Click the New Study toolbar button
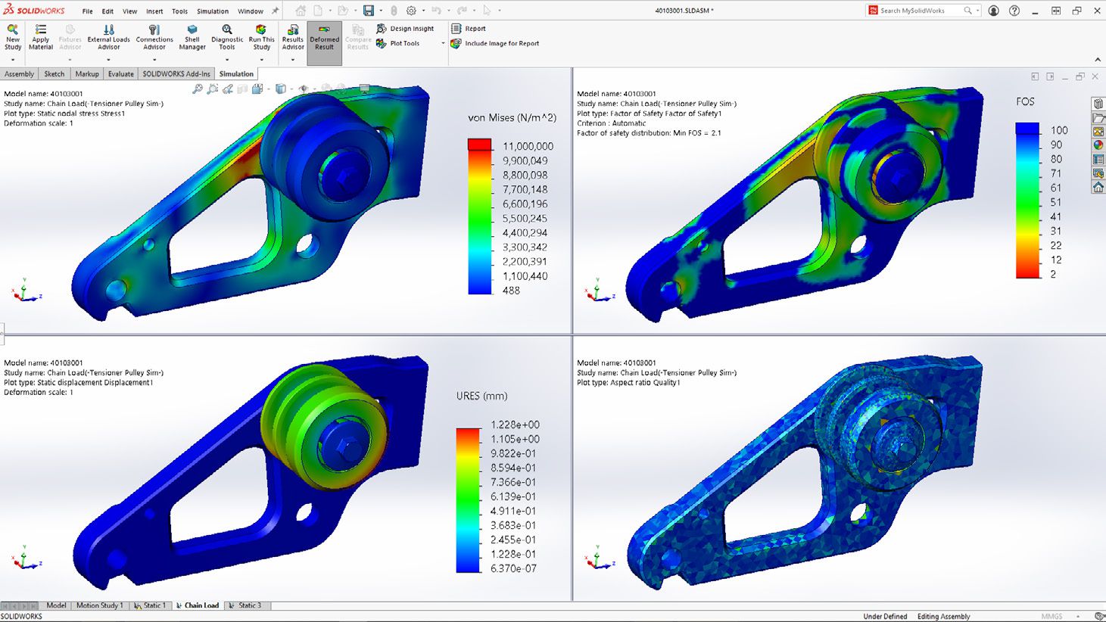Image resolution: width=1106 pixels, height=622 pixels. (x=13, y=37)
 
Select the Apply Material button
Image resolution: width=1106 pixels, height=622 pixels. (x=41, y=37)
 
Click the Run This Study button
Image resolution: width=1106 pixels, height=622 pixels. (x=261, y=37)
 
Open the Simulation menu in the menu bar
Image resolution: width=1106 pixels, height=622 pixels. (x=212, y=11)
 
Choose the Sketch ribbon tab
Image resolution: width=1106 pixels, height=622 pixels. (x=55, y=74)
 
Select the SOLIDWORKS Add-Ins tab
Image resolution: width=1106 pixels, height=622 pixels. (x=176, y=74)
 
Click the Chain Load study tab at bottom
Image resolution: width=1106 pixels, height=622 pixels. (x=201, y=605)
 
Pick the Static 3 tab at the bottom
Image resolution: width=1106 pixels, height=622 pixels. (x=248, y=605)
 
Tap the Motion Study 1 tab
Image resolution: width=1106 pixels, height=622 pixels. (x=99, y=605)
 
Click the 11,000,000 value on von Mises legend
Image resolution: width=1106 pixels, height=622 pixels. (x=528, y=146)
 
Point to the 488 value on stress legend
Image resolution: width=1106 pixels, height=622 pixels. (x=511, y=291)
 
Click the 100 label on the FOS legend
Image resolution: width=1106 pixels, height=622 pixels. (x=1059, y=130)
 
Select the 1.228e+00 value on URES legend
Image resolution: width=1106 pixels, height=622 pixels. (x=515, y=425)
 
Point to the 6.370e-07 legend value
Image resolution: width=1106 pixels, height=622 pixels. (x=513, y=568)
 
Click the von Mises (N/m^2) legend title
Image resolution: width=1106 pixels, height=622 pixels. (x=512, y=117)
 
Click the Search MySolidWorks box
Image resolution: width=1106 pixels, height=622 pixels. (x=919, y=11)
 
